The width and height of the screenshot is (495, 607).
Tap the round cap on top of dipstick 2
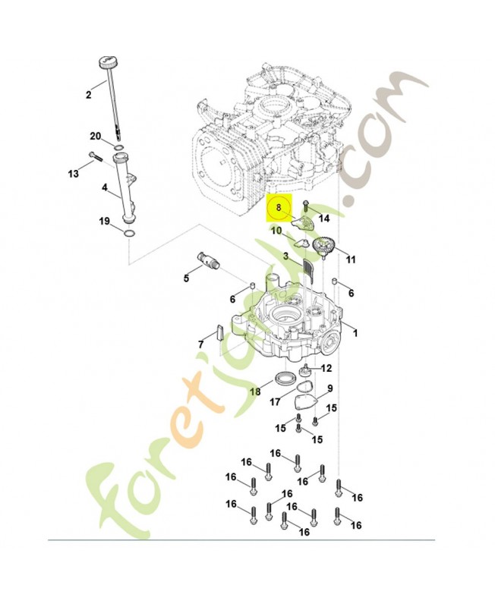(x=106, y=61)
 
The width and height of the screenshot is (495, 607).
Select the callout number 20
(x=96, y=137)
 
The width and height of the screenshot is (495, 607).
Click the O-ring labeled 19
(x=129, y=231)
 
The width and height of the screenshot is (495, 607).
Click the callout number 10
(x=276, y=231)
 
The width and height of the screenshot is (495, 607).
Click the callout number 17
(x=276, y=402)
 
